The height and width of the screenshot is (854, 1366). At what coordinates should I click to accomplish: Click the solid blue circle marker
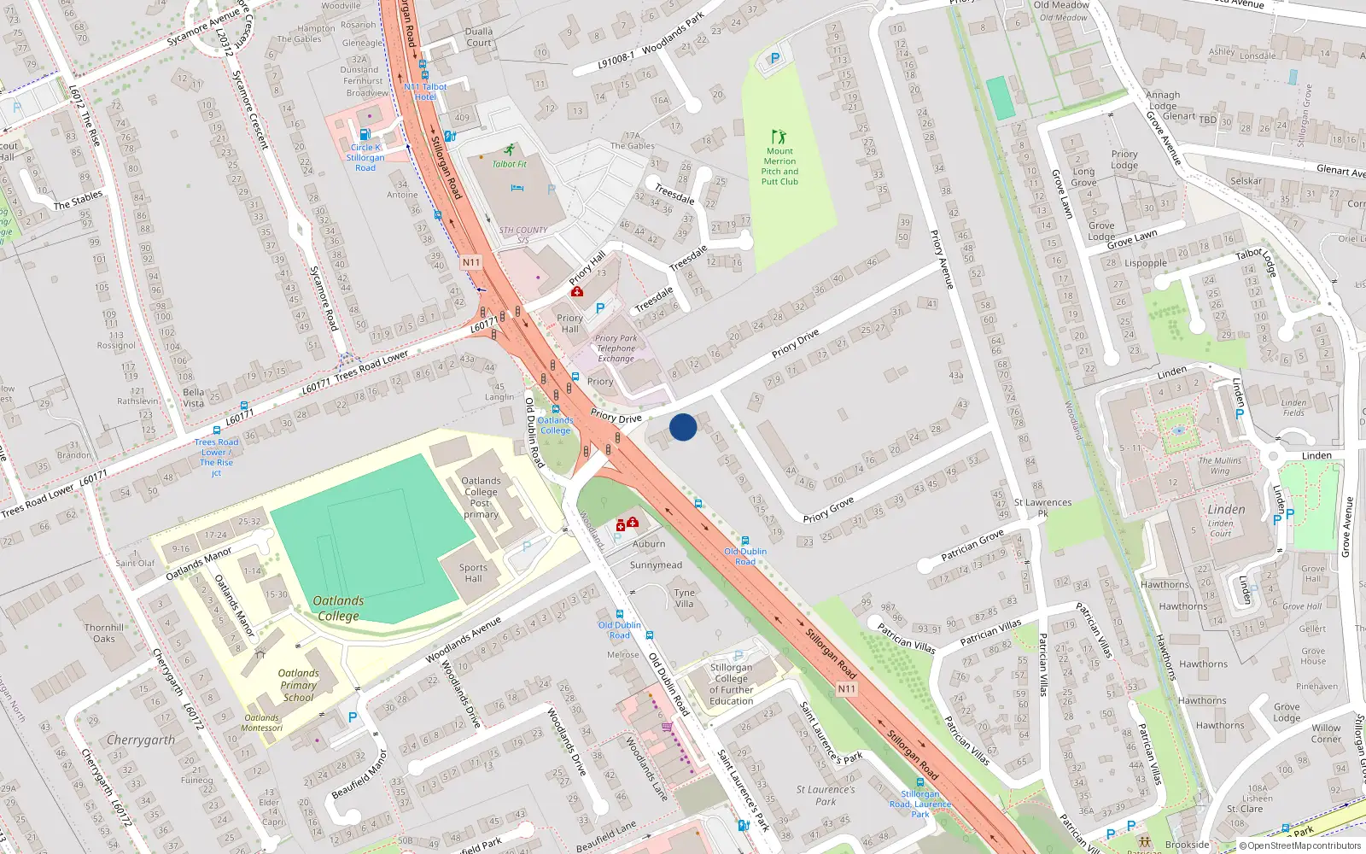tap(683, 427)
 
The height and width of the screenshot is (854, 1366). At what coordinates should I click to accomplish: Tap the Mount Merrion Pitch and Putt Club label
tap(779, 167)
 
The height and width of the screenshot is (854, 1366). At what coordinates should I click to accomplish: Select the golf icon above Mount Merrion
tap(778, 137)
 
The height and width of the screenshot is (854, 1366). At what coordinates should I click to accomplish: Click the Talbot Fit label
tap(510, 164)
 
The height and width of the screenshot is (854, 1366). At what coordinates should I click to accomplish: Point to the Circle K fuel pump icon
tap(365, 134)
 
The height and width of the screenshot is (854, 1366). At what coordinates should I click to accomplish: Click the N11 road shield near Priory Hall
tap(471, 262)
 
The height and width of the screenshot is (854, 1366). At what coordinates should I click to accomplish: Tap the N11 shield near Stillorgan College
tap(846, 688)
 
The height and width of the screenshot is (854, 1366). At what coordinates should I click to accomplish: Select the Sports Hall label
tap(473, 573)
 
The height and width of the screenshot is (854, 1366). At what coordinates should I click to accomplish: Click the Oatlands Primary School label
tap(298, 685)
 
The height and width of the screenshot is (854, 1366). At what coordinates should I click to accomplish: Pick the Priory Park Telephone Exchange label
tap(616, 348)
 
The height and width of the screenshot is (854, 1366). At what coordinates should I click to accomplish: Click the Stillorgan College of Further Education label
tap(732, 684)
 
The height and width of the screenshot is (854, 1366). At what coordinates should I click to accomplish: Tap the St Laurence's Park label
tap(826, 795)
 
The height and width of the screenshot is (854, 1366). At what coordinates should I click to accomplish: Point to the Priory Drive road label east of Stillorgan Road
tap(795, 343)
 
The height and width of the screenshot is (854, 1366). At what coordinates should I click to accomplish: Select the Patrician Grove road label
tap(972, 546)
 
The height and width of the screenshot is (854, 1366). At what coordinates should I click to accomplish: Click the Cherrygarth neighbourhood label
tap(141, 740)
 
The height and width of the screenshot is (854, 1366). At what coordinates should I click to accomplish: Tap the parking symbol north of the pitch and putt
tap(775, 59)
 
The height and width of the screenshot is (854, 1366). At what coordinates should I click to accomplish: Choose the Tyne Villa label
tap(685, 598)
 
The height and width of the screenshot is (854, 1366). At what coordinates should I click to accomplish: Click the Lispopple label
tap(1146, 263)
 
